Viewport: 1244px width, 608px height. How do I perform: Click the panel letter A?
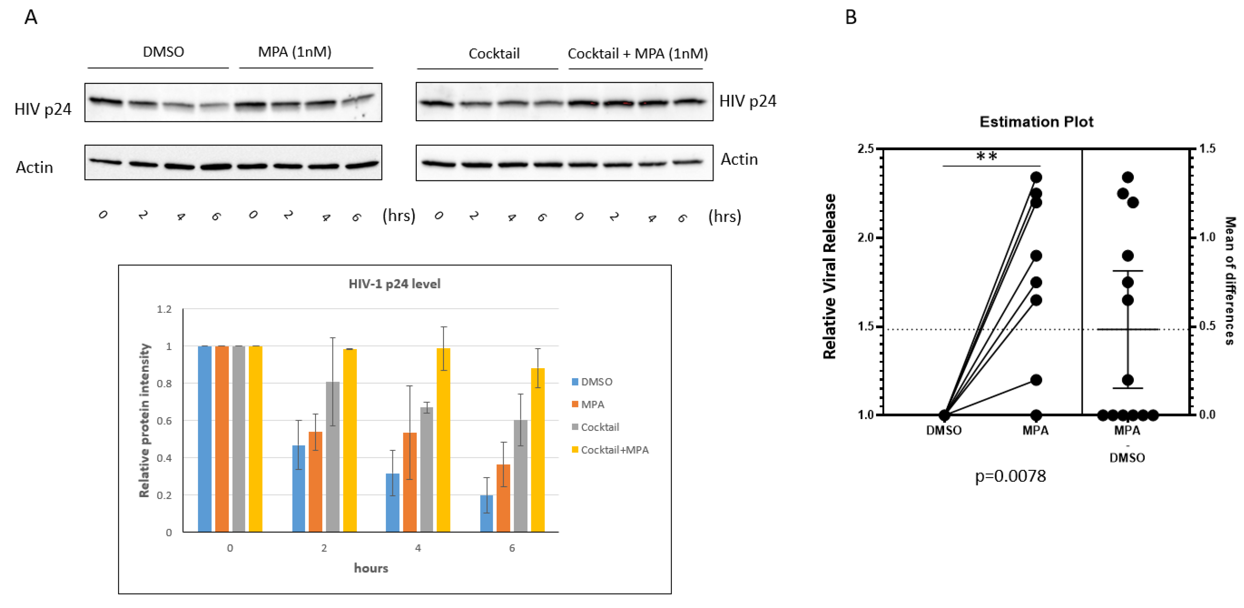pos(31,18)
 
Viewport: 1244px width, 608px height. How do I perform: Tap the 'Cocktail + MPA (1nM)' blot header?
pos(637,54)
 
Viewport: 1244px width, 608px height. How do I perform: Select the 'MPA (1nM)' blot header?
pos(295,52)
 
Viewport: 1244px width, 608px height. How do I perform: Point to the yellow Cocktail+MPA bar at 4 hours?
pos(443,440)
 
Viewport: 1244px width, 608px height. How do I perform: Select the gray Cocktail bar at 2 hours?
pos(332,457)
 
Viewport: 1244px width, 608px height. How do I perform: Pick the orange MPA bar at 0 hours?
pos(222,439)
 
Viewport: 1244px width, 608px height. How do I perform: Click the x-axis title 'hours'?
pos(371,568)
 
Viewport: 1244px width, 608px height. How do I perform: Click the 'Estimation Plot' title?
pos(1036,122)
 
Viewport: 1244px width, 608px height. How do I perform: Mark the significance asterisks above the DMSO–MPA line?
pos(987,156)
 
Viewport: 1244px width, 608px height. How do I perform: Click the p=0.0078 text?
pos(1010,476)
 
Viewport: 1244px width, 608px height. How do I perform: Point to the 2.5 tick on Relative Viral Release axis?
pos(866,149)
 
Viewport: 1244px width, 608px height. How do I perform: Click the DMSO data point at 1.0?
pos(945,415)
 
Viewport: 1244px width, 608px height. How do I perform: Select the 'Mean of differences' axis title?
pos(1230,280)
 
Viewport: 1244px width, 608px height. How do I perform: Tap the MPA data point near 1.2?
pos(1036,380)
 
